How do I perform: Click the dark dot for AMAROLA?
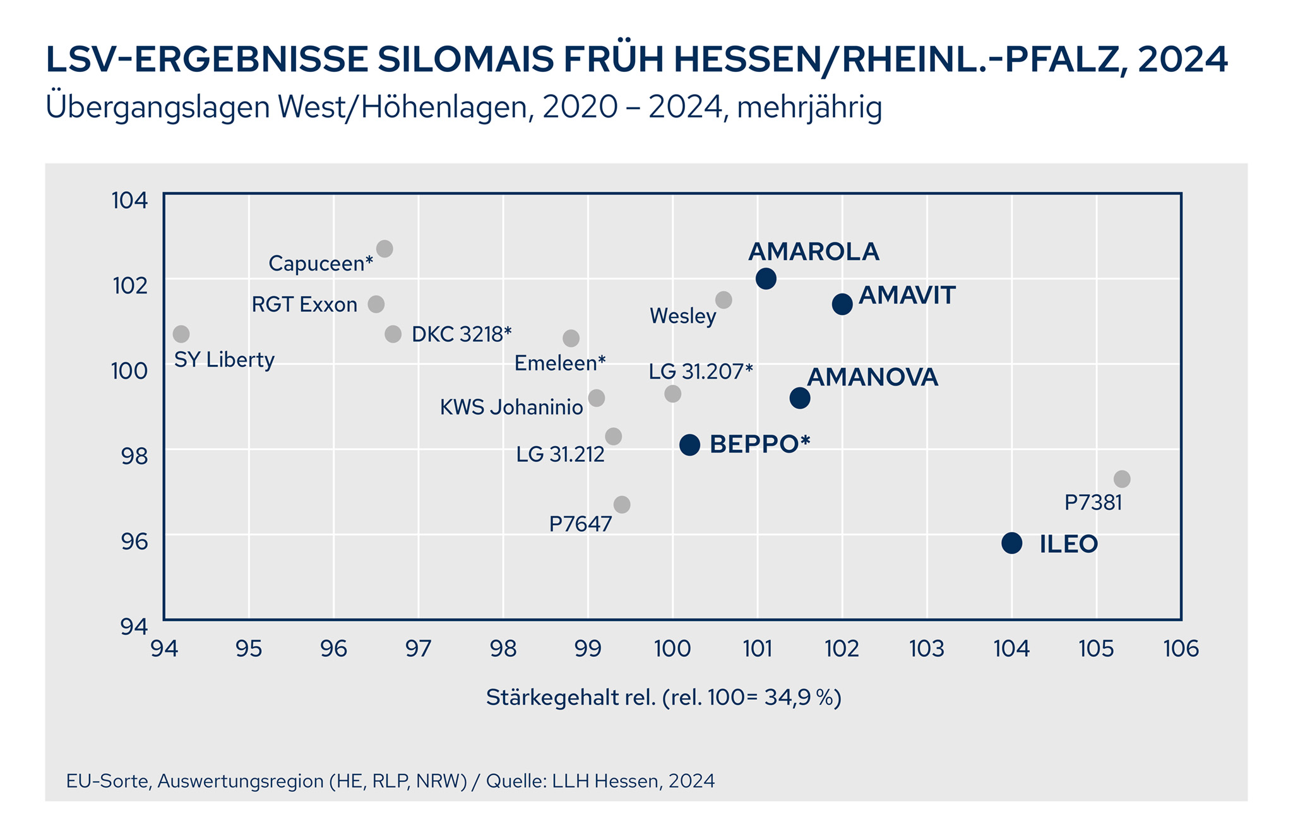click(x=766, y=278)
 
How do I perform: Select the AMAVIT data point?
click(x=842, y=304)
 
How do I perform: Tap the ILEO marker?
click(x=1011, y=543)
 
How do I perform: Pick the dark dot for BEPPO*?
click(x=689, y=445)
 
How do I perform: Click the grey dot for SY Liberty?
click(x=181, y=334)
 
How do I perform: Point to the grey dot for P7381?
click(x=1122, y=479)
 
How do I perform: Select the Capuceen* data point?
click(x=384, y=249)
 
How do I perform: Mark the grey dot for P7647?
click(x=622, y=505)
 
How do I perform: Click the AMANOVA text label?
click(x=873, y=377)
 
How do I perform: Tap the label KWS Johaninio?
click(x=511, y=408)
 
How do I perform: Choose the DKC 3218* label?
click(x=462, y=334)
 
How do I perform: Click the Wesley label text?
click(x=683, y=316)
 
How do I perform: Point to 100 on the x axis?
click(x=673, y=649)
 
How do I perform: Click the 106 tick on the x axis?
click(x=1181, y=649)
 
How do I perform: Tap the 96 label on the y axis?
click(x=134, y=541)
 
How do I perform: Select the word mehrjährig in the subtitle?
click(x=809, y=107)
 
